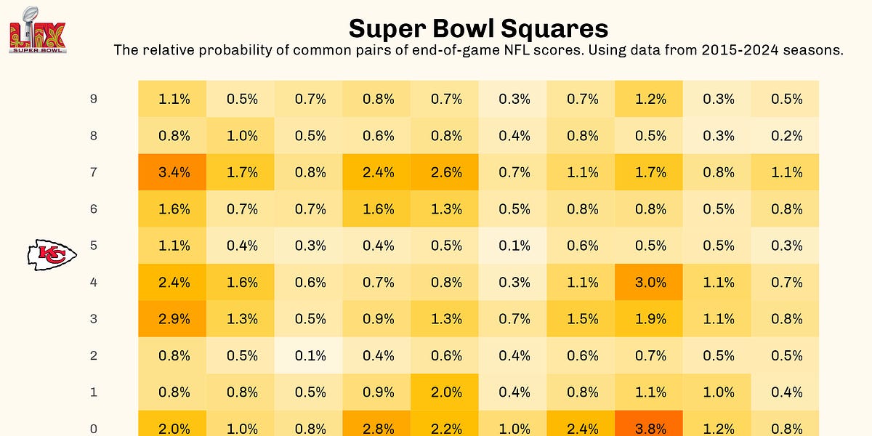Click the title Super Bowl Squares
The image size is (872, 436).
[478, 29]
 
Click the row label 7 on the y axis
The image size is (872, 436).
[93, 172]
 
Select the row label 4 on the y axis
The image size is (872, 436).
[93, 282]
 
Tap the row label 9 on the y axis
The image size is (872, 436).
[93, 99]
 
